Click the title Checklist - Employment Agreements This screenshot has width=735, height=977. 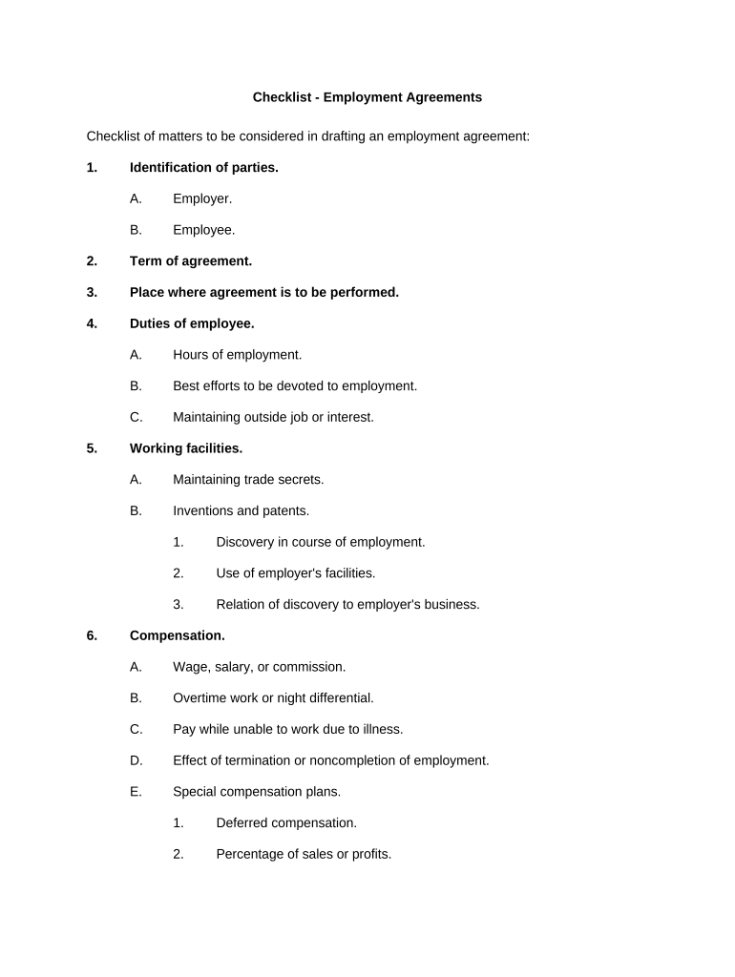coord(367,97)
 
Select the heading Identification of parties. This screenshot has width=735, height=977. coord(203,167)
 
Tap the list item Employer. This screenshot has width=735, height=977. coord(201,198)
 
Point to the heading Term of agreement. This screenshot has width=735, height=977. coord(190,260)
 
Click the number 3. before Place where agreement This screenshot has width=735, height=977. coord(92,292)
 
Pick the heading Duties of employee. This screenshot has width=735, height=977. coord(191,323)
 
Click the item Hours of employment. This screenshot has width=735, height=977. coord(237,355)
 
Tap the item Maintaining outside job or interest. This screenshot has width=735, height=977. coord(273,417)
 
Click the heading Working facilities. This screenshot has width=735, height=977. coord(185,448)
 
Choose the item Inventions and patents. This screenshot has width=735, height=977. coord(241,510)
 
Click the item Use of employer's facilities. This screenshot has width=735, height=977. coord(295,573)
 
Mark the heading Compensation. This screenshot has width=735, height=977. coord(177,635)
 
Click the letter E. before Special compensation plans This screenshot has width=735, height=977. coord(136,792)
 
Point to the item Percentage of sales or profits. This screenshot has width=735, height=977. coord(304,854)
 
